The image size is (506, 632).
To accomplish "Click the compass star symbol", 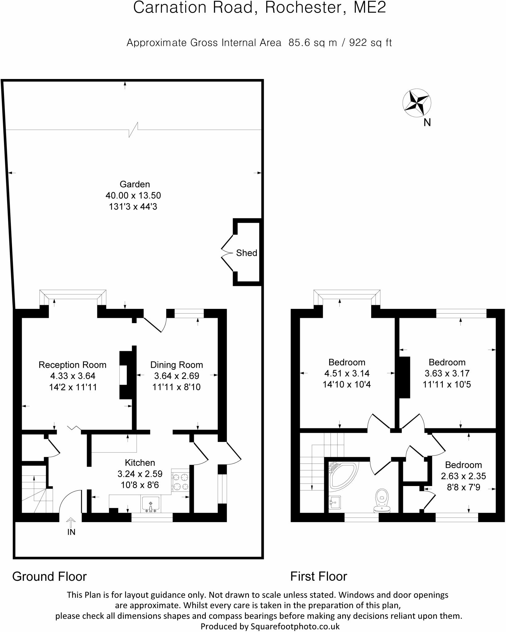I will (x=417, y=103).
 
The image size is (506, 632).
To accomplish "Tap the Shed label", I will (x=246, y=253).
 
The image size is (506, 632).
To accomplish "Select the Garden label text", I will (x=135, y=184).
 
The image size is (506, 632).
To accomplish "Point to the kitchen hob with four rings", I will (x=180, y=482).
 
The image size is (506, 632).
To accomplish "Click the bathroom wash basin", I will (x=334, y=503).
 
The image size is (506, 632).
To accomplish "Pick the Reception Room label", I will (x=73, y=365).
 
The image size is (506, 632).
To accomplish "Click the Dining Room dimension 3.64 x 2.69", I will (x=176, y=376).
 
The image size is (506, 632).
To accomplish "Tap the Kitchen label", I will (x=140, y=463).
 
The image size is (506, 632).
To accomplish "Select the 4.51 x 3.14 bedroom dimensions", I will (x=347, y=373).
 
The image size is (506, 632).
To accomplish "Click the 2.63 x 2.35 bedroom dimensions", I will (x=463, y=476).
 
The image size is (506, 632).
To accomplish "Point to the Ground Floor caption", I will (x=50, y=576).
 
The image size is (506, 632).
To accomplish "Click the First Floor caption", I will (x=318, y=576).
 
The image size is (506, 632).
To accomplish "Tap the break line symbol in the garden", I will (x=133, y=130).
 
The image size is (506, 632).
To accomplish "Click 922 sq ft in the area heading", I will (x=370, y=43).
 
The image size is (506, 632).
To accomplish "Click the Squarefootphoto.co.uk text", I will (x=295, y=626).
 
